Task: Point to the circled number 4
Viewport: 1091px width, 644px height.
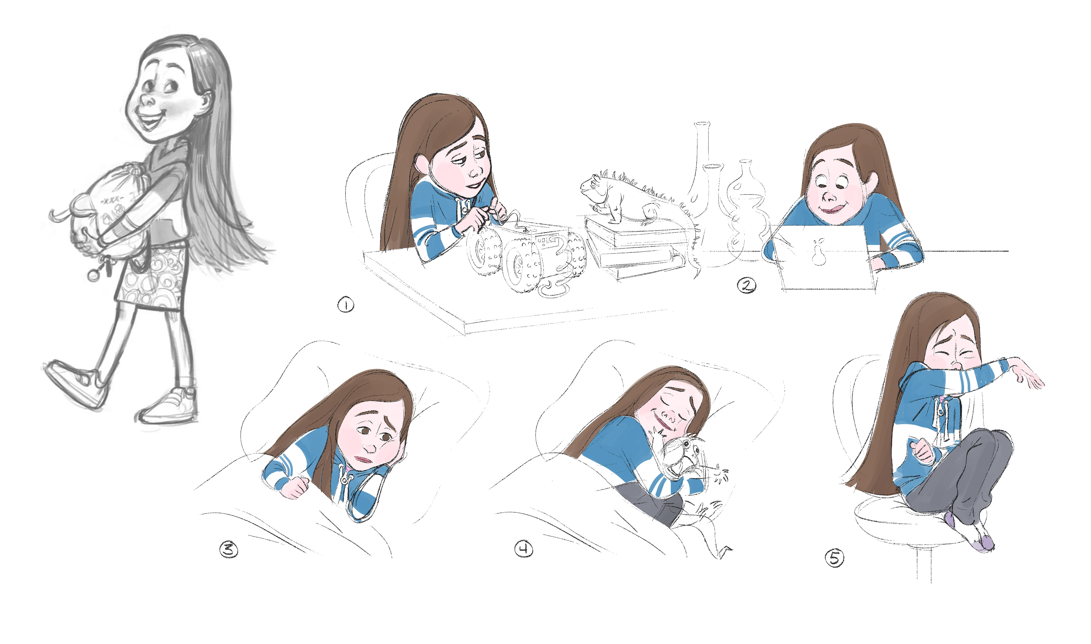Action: (x=524, y=549)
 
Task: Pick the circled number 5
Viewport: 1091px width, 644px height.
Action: (x=834, y=558)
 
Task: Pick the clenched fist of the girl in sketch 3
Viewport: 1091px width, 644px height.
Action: (x=295, y=486)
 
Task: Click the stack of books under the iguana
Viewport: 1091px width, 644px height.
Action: (x=636, y=247)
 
